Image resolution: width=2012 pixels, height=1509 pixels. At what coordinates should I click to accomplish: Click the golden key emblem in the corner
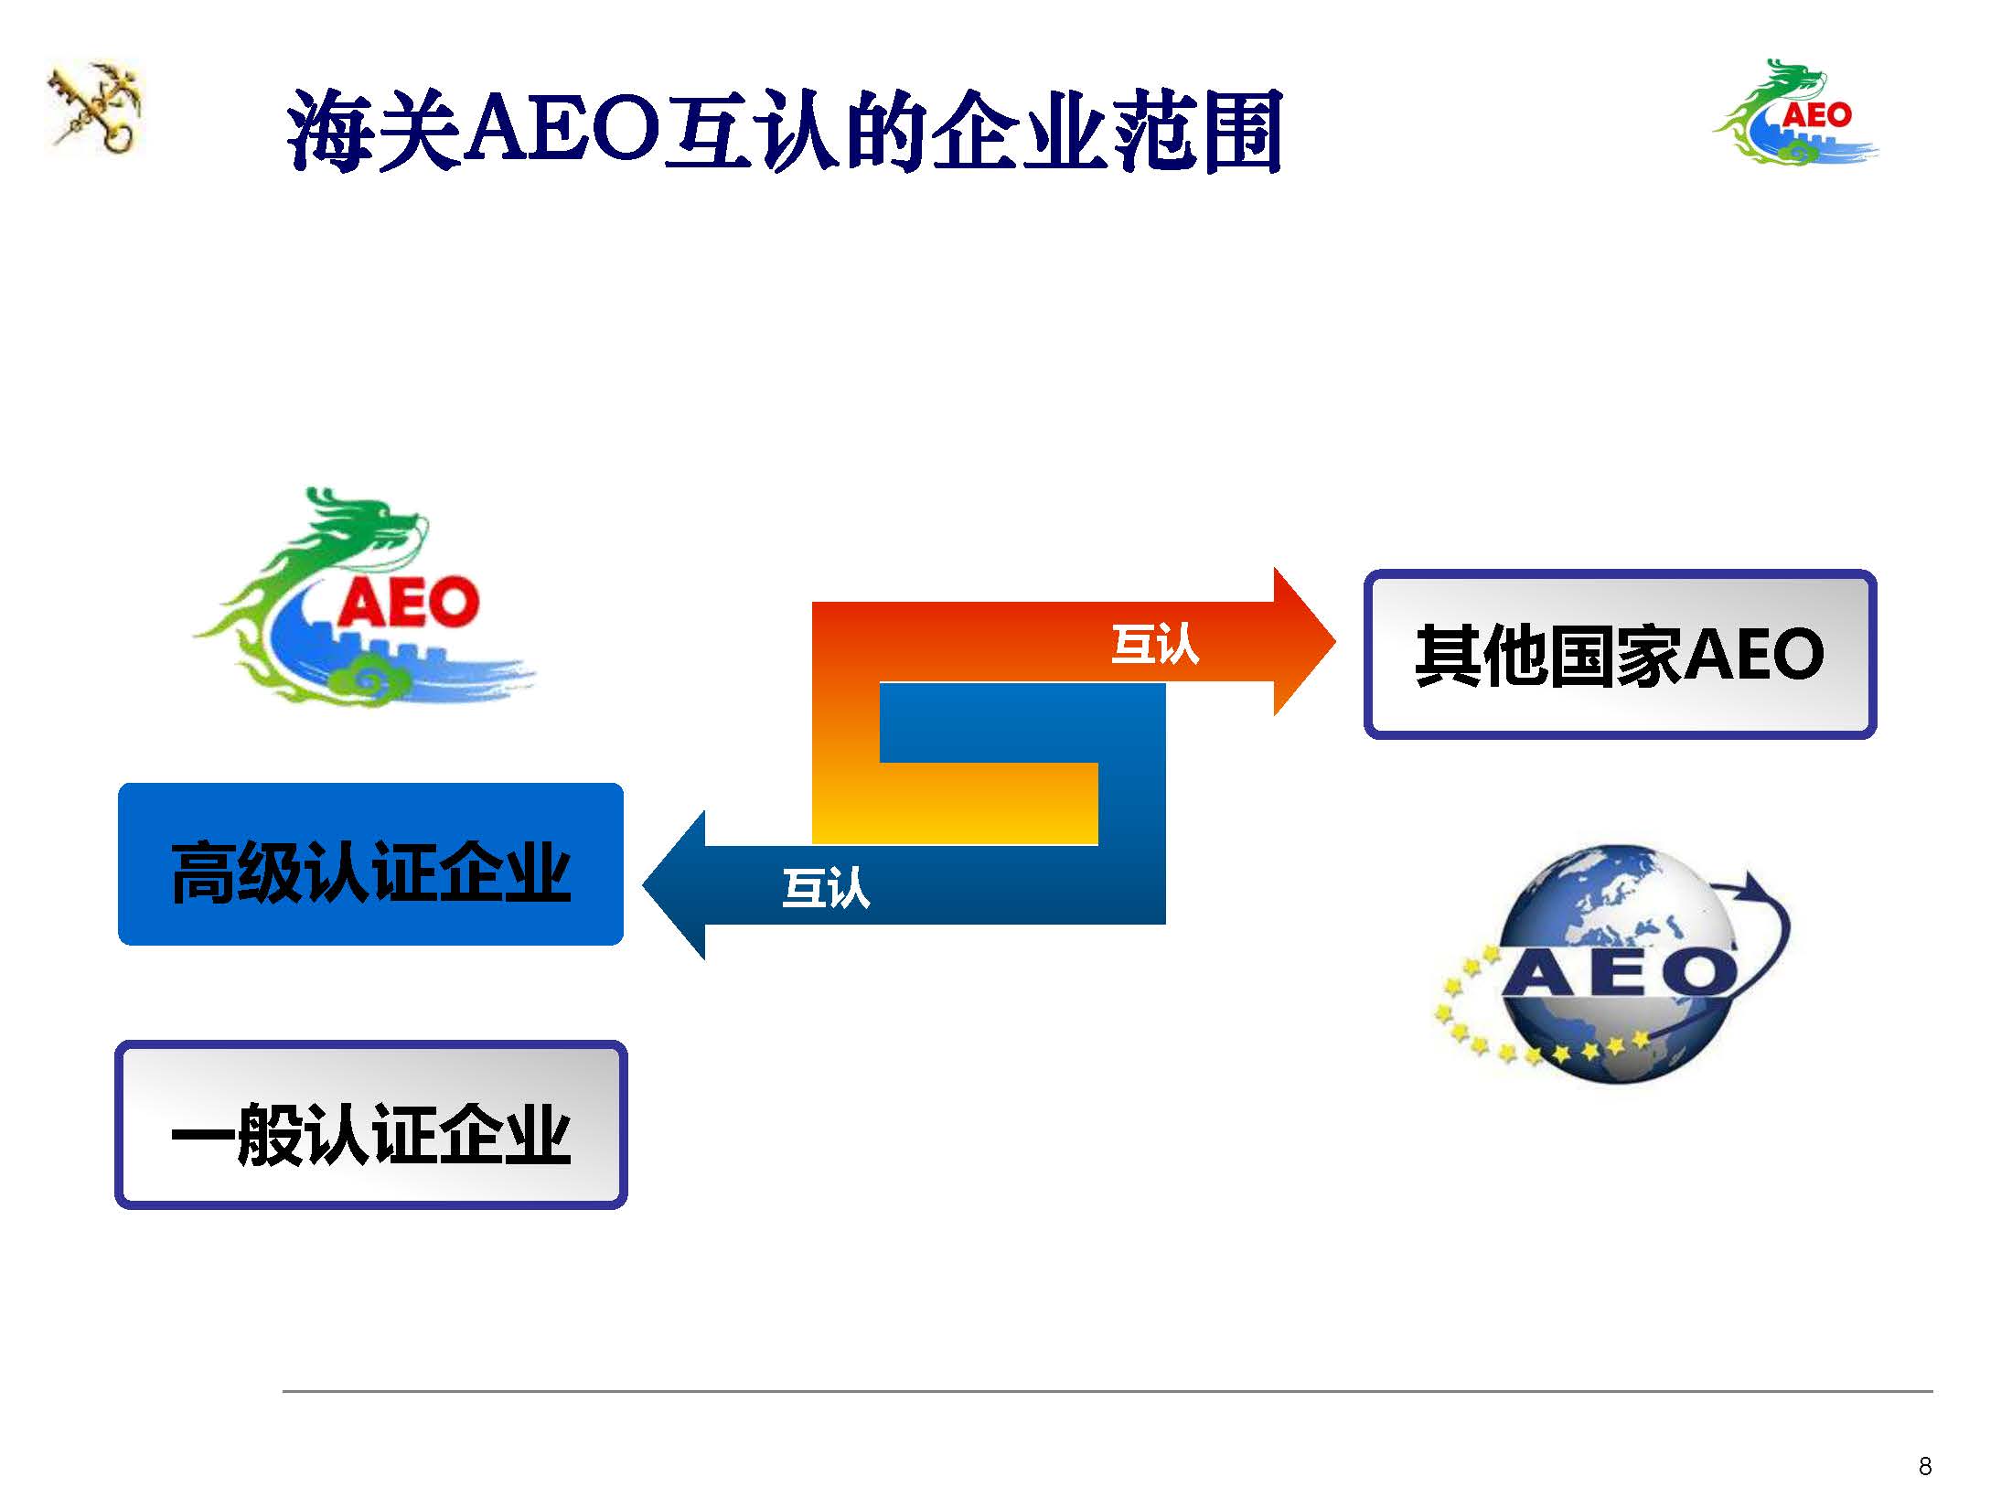[95, 108]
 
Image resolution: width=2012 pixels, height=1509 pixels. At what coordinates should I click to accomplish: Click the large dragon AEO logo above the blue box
[364, 596]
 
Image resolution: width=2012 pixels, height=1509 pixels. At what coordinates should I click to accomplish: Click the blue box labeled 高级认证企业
[370, 864]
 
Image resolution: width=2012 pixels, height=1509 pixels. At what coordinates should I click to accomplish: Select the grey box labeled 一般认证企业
[370, 1125]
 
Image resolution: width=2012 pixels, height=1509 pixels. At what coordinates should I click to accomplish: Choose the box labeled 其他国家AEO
[1620, 654]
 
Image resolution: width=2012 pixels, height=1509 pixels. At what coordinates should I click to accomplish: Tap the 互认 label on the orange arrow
[1155, 644]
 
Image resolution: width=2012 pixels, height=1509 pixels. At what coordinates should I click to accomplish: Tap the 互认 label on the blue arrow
[826, 887]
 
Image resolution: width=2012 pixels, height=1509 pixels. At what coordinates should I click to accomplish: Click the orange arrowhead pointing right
[1304, 641]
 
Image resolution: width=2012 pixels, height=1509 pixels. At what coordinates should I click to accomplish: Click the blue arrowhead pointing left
[674, 885]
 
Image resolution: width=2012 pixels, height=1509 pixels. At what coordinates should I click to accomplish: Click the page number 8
[1924, 1466]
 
